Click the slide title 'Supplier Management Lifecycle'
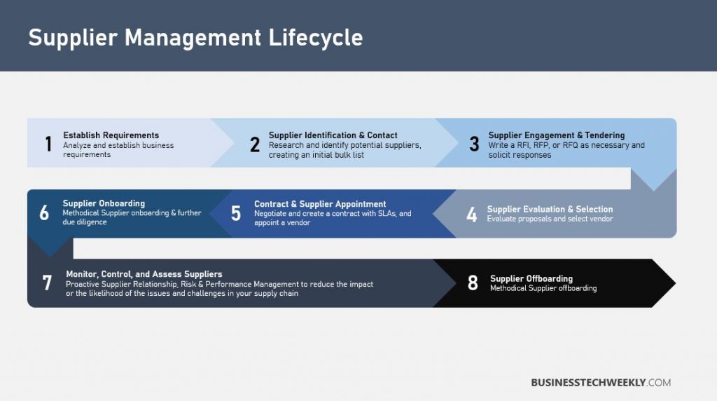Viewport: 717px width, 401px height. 195,37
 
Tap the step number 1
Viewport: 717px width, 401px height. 48,144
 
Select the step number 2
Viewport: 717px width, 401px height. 255,144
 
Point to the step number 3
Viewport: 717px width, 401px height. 474,144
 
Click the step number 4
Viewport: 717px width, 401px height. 472,214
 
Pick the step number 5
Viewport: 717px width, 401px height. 236,214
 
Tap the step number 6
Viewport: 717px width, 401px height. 44,213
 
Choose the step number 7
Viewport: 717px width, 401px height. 47,283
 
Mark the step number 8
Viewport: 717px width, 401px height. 473,283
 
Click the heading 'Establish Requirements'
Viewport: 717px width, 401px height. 111,135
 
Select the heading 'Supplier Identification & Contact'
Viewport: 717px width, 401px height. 333,135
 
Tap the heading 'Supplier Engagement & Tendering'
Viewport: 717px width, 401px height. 556,135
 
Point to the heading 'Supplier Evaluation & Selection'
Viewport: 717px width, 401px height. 550,209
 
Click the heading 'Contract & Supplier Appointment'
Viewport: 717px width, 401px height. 320,204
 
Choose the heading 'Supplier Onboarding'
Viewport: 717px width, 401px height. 104,203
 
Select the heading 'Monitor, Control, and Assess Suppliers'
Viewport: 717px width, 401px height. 144,274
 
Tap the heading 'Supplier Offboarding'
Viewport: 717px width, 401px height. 531,278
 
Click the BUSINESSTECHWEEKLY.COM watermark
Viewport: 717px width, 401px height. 601,382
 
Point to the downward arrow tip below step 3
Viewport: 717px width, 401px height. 653,184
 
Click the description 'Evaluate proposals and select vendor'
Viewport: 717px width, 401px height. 550,219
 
